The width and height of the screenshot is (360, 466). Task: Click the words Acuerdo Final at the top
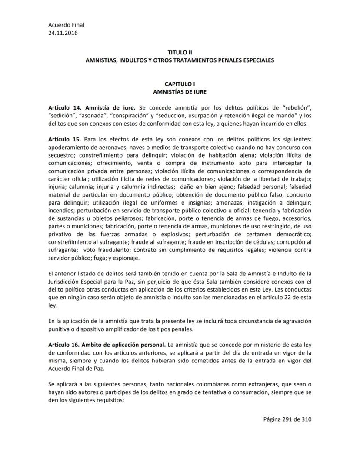pos(66,25)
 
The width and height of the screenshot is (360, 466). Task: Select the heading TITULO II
pos(180,52)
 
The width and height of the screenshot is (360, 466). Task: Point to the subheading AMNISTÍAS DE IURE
pos(180,92)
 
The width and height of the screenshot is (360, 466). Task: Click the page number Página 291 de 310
pos(287,420)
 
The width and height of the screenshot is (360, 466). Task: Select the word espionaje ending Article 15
pos(125,258)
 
